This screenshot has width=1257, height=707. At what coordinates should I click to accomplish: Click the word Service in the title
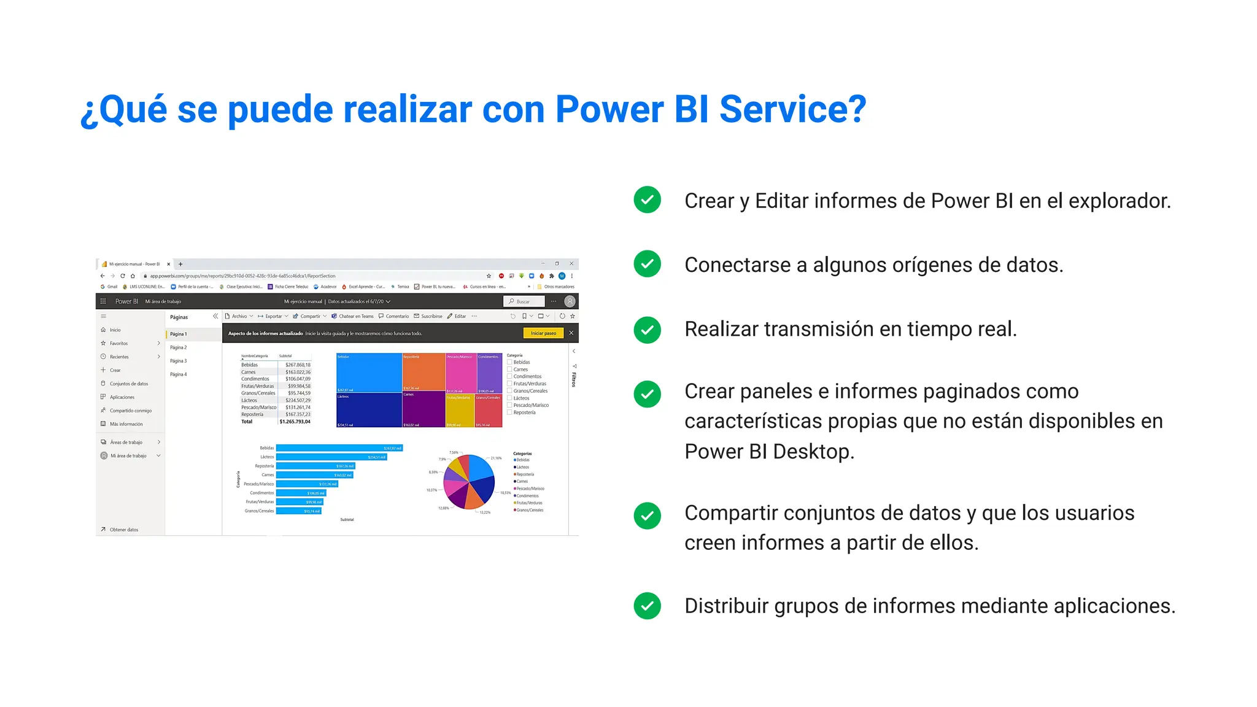click(792, 110)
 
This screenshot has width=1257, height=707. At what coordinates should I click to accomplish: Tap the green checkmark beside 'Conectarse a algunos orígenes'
click(647, 264)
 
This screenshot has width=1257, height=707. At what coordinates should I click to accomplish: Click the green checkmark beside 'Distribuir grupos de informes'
click(647, 606)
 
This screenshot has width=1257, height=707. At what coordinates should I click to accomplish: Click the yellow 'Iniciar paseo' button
click(543, 333)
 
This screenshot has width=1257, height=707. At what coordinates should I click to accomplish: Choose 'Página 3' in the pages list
click(179, 361)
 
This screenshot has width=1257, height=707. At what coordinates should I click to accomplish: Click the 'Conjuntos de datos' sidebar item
click(128, 384)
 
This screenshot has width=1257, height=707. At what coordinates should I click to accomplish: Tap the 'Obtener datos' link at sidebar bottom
click(123, 530)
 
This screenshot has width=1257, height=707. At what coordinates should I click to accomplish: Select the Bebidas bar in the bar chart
click(339, 448)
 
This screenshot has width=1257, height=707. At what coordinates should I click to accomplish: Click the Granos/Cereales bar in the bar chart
click(298, 511)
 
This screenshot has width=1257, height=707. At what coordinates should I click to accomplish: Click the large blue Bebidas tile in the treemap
click(369, 373)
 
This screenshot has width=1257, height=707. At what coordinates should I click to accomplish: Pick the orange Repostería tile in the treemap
click(424, 373)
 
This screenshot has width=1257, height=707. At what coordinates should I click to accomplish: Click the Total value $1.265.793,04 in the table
click(295, 422)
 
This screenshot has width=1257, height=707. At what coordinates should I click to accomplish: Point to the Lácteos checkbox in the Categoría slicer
click(509, 398)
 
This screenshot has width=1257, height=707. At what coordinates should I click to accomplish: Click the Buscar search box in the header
click(525, 301)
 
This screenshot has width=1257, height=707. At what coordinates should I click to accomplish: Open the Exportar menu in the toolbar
click(273, 316)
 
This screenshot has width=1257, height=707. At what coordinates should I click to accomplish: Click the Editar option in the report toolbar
click(457, 316)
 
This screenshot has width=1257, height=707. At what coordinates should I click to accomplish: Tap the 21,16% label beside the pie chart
click(496, 458)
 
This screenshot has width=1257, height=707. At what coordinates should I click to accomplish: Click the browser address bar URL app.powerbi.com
click(242, 276)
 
